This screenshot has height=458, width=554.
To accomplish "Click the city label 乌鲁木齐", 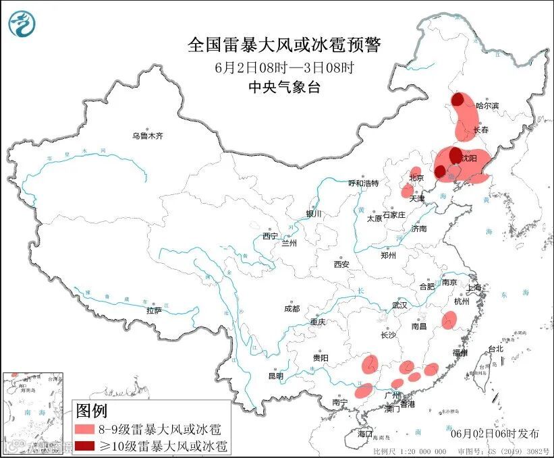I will (x=147, y=136).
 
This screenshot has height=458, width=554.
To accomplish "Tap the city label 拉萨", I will (x=153, y=310).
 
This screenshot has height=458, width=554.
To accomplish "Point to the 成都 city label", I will (x=291, y=308).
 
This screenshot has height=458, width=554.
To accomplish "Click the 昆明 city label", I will (x=276, y=375).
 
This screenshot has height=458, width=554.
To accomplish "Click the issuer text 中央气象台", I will (x=283, y=86).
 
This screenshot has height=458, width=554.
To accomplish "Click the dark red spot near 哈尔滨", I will (x=458, y=100).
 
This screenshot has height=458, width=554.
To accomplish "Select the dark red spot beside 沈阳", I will (x=455, y=154).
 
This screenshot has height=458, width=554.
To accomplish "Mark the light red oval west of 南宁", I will (x=364, y=390).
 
